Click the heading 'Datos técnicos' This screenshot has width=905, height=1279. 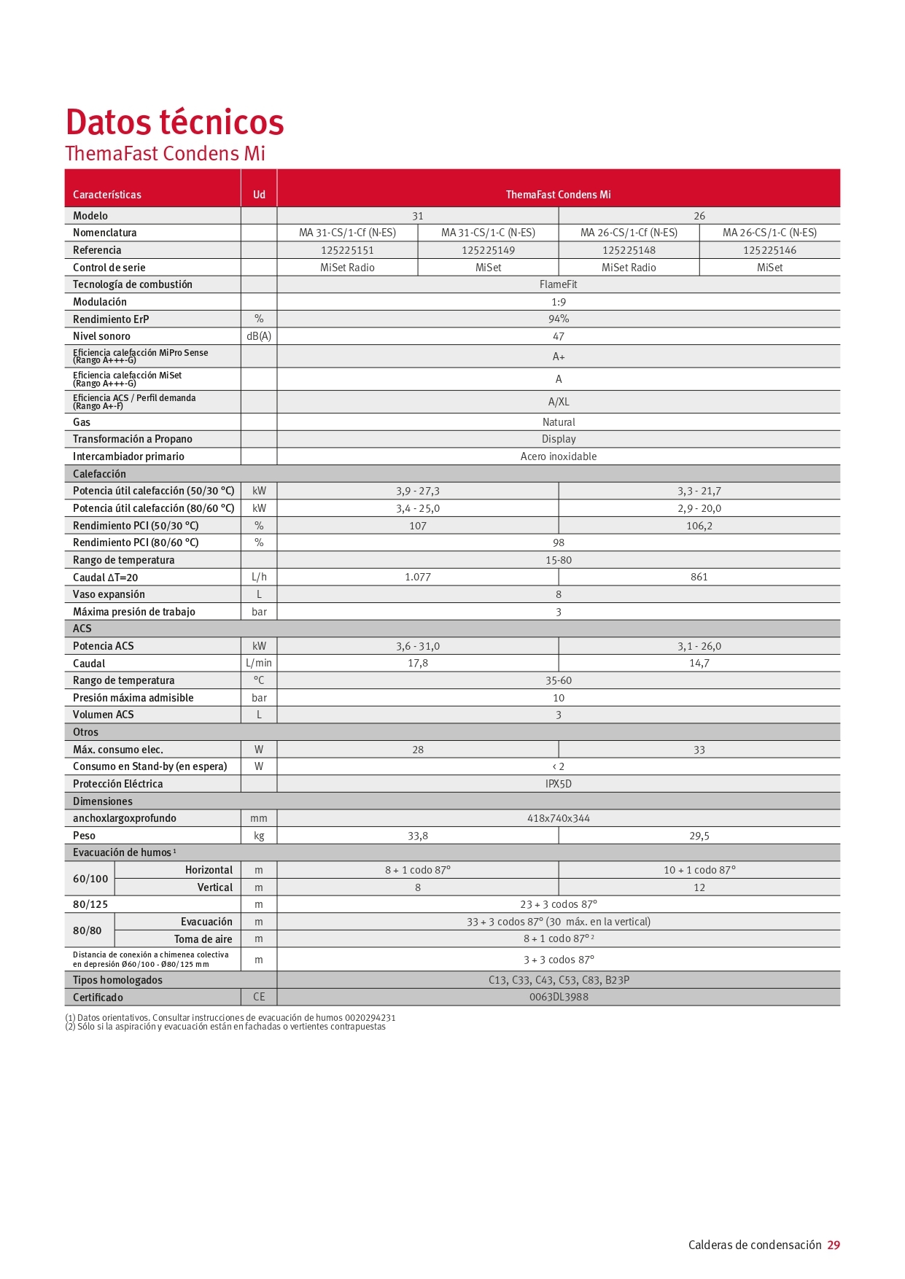[174, 122]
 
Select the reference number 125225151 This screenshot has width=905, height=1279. [347, 250]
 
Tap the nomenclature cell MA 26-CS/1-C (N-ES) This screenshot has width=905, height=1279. [769, 233]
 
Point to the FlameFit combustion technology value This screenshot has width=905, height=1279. [558, 284]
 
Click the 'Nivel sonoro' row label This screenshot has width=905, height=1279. [101, 336]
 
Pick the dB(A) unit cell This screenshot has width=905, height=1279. [259, 336]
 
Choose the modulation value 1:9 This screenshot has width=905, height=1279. [558, 302]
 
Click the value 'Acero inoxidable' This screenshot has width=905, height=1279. [558, 456]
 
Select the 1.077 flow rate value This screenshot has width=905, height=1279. [418, 577]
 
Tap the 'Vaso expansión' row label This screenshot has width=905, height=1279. [109, 594]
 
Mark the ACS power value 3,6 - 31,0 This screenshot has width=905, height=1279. [418, 646]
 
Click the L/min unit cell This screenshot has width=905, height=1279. [259, 663]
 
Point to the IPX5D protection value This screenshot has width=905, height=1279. [558, 784]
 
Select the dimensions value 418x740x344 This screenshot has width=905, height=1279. [558, 818]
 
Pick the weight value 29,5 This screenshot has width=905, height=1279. [699, 836]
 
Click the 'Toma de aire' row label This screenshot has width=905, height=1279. [203, 939]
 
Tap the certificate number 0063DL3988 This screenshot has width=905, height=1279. [558, 997]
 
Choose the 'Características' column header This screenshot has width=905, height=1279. [107, 195]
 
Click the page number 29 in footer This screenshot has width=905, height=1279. [833, 1245]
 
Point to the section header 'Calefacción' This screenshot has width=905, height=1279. [99, 474]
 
